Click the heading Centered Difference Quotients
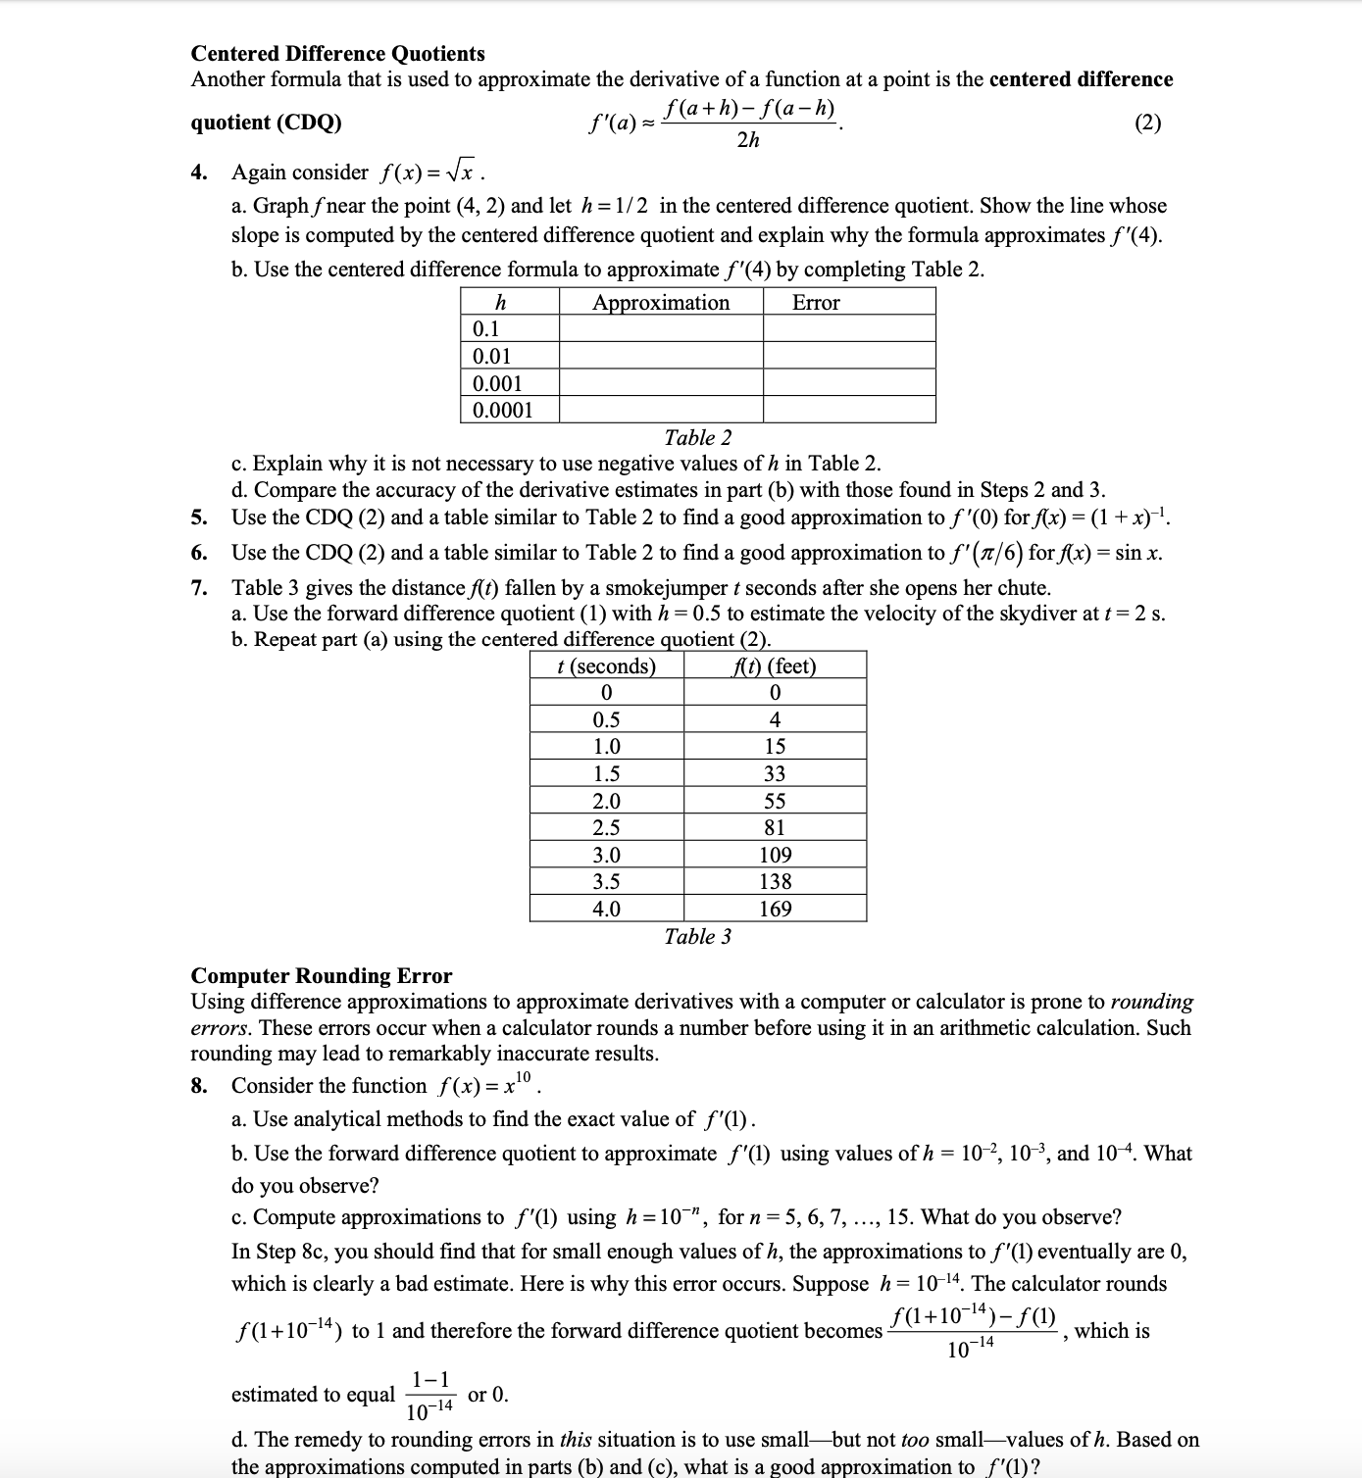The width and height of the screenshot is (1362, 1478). (x=337, y=53)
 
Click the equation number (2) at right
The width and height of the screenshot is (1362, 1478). (x=1147, y=123)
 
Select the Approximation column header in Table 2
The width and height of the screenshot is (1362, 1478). (x=661, y=302)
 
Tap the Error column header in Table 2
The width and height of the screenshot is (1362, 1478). (x=816, y=302)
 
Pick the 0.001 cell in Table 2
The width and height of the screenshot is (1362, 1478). (x=498, y=383)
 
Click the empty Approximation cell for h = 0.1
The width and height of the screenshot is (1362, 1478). (x=661, y=329)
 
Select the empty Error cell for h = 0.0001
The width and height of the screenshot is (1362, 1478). (x=849, y=410)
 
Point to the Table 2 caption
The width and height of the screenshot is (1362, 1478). (x=697, y=437)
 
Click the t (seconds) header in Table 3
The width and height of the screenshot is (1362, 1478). (x=606, y=665)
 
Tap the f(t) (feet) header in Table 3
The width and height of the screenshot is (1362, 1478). (x=775, y=665)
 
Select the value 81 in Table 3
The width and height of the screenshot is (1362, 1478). (x=775, y=827)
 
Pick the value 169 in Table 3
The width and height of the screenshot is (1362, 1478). (x=775, y=909)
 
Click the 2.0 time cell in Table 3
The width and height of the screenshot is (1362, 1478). (x=606, y=801)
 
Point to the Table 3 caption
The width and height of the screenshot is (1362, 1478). (x=697, y=936)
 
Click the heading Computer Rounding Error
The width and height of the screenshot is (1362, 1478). (x=322, y=975)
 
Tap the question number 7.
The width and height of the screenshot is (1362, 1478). (x=199, y=588)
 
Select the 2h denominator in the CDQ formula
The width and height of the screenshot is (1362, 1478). (x=747, y=141)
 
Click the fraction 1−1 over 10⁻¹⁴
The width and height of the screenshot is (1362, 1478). (x=430, y=1395)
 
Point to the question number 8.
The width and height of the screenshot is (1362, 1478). (x=199, y=1086)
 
